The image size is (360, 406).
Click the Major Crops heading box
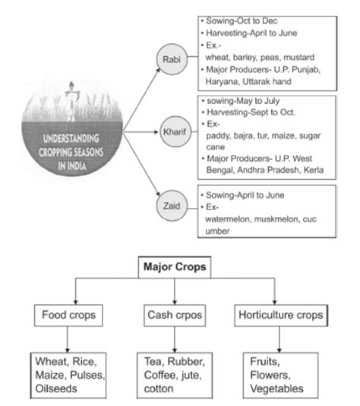pyautogui.click(x=175, y=268)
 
